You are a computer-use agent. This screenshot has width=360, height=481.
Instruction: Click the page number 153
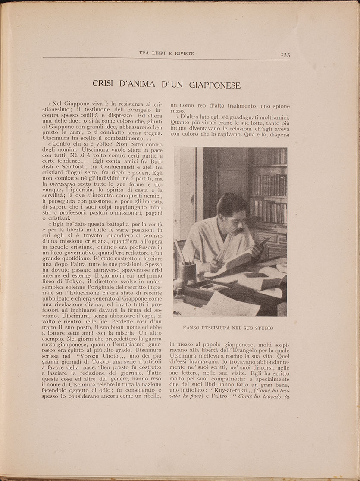click(x=285, y=54)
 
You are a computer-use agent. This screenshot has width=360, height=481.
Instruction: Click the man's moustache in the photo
click(x=238, y=231)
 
